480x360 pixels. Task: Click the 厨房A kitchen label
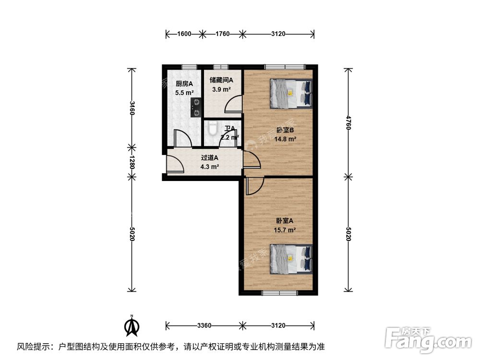(x=184, y=84)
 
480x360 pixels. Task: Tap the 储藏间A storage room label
(x=222, y=81)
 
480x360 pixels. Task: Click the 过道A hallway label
(x=210, y=157)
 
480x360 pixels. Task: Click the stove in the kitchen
(x=196, y=107)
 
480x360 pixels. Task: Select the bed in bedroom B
(x=291, y=93)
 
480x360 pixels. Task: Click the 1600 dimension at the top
(x=184, y=34)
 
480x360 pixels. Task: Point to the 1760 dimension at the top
(x=222, y=34)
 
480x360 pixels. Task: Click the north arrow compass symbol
(x=132, y=326)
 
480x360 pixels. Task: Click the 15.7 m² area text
(x=285, y=230)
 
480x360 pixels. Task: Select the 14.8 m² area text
(x=285, y=139)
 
